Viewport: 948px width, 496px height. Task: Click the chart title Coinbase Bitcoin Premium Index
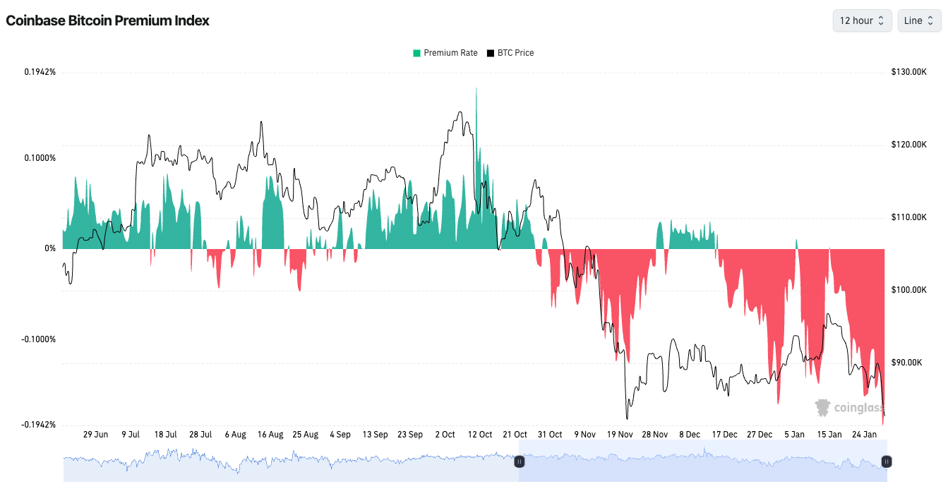[107, 20]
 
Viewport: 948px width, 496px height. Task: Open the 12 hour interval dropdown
[862, 20]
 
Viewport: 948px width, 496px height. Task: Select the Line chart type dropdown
[918, 20]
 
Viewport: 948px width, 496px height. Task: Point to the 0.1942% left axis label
[40, 72]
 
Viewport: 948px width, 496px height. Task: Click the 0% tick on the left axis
[49, 248]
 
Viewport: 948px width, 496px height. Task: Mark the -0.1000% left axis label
[40, 339]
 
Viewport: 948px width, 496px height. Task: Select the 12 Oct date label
[480, 435]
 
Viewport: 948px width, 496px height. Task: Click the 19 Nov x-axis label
[620, 435]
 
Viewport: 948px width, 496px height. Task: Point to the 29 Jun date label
[95, 435]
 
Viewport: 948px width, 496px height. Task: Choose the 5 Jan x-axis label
[794, 435]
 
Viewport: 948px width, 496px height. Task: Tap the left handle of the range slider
[519, 461]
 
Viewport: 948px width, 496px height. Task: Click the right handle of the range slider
[887, 461]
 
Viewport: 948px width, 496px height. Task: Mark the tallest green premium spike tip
[476, 88]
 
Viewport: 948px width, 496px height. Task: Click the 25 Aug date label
[306, 435]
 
